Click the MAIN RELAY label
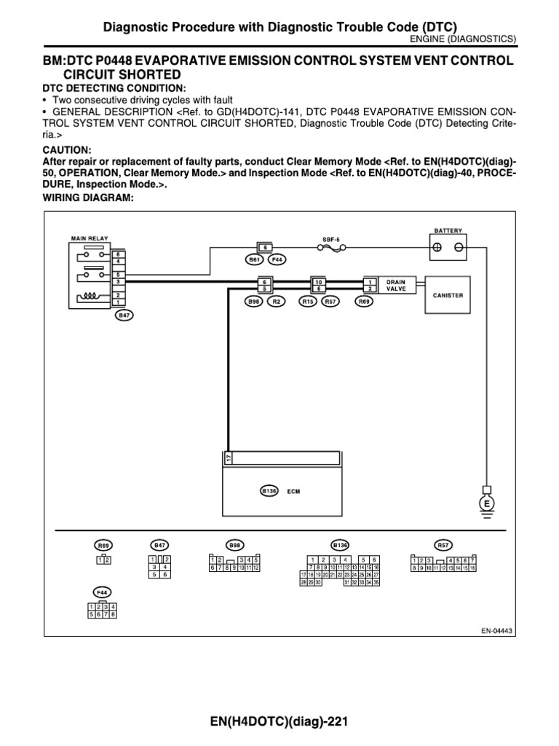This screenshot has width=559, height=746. click(x=87, y=237)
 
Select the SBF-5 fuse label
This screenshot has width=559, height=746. click(x=331, y=238)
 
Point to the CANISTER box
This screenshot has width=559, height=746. click(x=448, y=295)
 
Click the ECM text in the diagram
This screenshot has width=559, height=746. click(x=293, y=491)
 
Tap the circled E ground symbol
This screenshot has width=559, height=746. click(x=484, y=503)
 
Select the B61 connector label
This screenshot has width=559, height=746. click(x=253, y=259)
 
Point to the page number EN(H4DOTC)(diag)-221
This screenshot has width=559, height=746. click(x=279, y=722)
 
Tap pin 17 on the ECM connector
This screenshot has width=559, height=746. click(x=228, y=458)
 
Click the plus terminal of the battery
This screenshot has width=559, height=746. click(x=437, y=247)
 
